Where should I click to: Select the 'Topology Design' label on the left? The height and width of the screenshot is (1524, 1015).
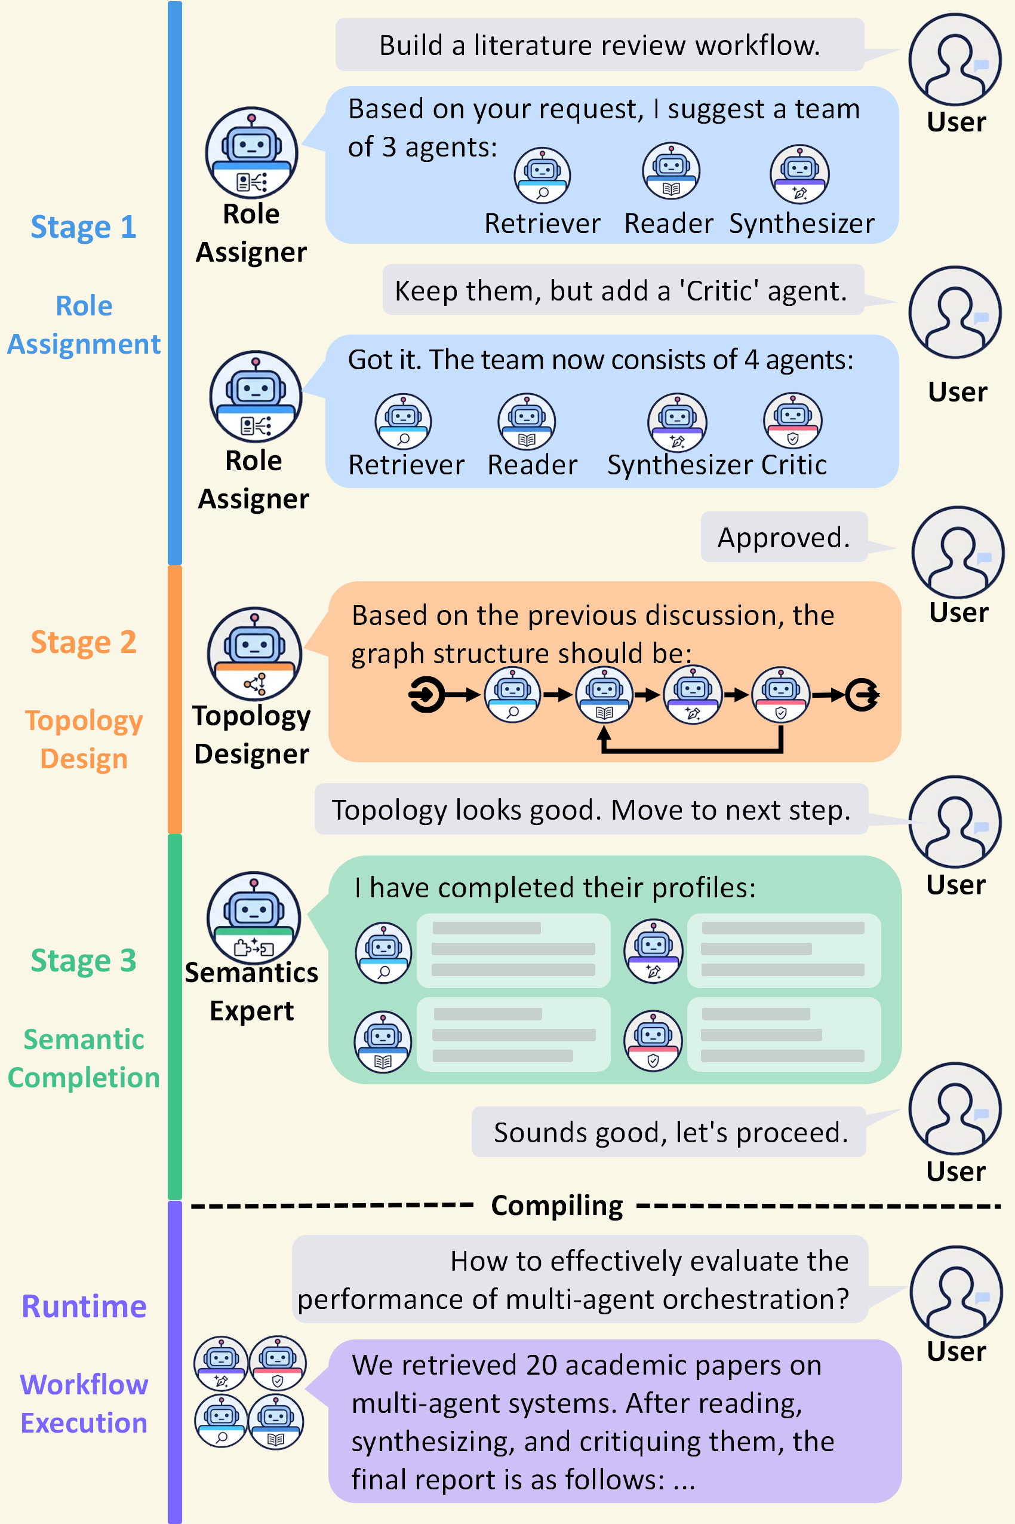tap(84, 739)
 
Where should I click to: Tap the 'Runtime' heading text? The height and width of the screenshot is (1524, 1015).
tap(84, 1307)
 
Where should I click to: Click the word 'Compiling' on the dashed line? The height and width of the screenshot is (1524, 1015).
tap(556, 1206)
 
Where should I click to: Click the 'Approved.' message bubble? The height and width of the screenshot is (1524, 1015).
tap(783, 538)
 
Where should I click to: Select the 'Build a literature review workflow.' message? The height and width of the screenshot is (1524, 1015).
tap(599, 45)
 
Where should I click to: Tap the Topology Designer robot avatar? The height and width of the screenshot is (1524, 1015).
tap(254, 653)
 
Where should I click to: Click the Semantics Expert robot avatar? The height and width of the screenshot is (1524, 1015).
tap(254, 918)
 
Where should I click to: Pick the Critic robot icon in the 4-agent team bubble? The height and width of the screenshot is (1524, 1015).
tap(792, 421)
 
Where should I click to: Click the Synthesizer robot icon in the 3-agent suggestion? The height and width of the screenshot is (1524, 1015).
tap(799, 174)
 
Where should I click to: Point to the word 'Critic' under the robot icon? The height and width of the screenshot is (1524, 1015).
tap(793, 465)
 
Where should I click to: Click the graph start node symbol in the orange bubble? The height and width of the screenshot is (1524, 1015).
tap(426, 695)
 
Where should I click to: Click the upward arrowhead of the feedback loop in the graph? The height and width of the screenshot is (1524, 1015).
tap(604, 733)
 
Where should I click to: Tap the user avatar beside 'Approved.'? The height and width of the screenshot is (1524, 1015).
tap(958, 552)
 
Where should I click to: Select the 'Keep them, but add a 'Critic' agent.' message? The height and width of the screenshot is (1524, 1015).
tap(622, 291)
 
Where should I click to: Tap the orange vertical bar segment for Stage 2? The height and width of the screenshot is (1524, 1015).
tap(175, 700)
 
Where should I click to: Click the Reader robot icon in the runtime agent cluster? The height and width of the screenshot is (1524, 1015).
tap(276, 1421)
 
